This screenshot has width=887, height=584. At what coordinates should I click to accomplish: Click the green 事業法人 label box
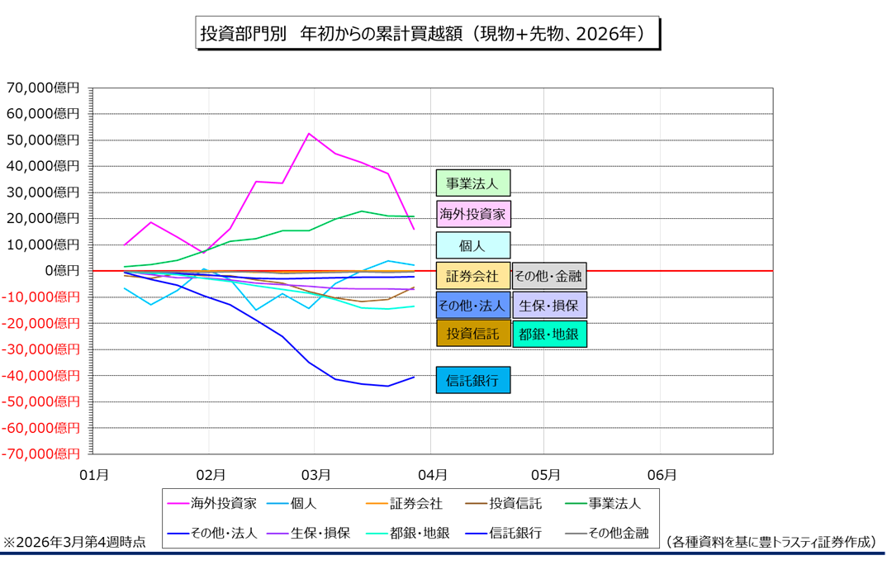[x=473, y=183]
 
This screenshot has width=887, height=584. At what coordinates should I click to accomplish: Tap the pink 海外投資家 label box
[x=473, y=215]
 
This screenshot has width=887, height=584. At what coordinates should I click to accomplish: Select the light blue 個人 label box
[x=473, y=245]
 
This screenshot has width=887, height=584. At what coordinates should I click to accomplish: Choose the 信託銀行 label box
[x=473, y=381]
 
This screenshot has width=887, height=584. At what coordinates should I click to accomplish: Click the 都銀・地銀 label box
[x=550, y=334]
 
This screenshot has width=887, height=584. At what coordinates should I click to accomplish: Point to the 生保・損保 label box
[x=550, y=305]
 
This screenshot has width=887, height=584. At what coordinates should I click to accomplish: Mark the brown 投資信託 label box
[x=473, y=334]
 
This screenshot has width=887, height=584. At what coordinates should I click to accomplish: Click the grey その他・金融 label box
[x=549, y=276]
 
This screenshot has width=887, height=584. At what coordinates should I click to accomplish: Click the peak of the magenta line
[x=308, y=134]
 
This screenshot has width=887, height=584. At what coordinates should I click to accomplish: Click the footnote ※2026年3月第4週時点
[x=75, y=543]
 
